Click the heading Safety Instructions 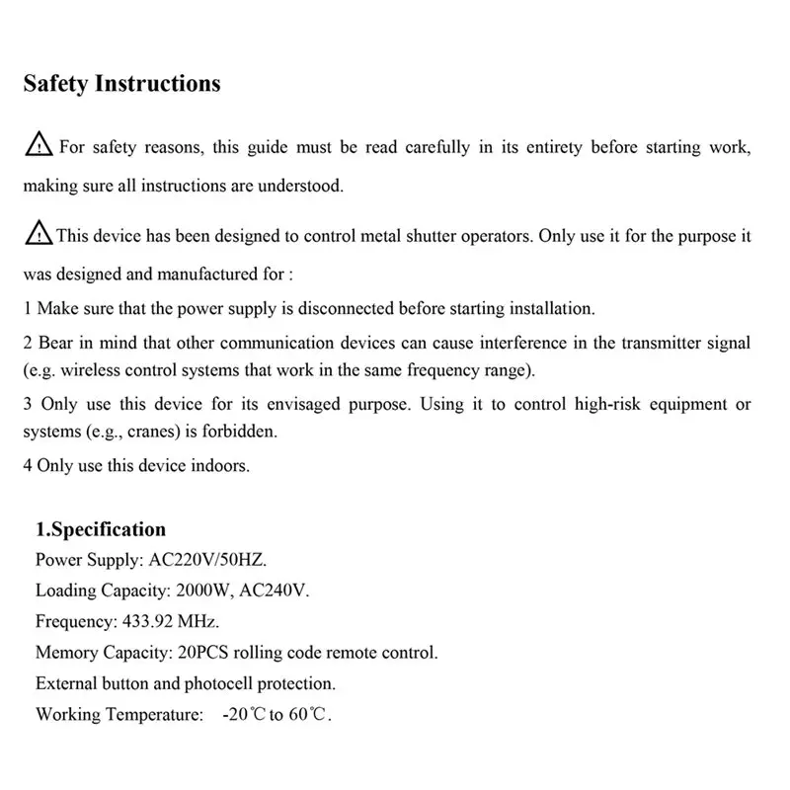click(x=121, y=84)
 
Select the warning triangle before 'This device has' click(x=39, y=235)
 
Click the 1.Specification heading click(x=101, y=529)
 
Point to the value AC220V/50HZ click(x=207, y=561)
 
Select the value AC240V click(x=282, y=592)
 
